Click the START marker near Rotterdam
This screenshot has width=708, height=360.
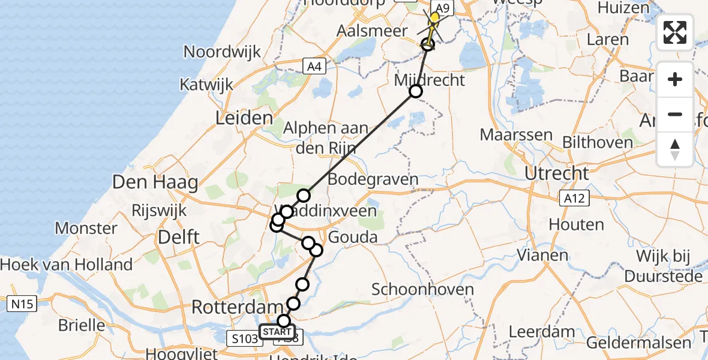(277, 332)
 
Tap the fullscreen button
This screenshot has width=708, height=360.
(675, 32)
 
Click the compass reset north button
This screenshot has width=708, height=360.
(675, 149)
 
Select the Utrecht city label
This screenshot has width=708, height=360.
(556, 173)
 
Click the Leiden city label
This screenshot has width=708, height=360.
(244, 118)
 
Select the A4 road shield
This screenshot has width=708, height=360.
(314, 66)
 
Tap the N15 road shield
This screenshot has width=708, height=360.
(19, 304)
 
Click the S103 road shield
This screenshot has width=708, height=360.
(245, 339)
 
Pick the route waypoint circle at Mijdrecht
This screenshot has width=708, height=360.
(415, 91)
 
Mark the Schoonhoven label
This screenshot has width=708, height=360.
(422, 290)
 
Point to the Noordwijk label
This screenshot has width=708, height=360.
(222, 51)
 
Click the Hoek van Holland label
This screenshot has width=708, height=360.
(66, 264)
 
